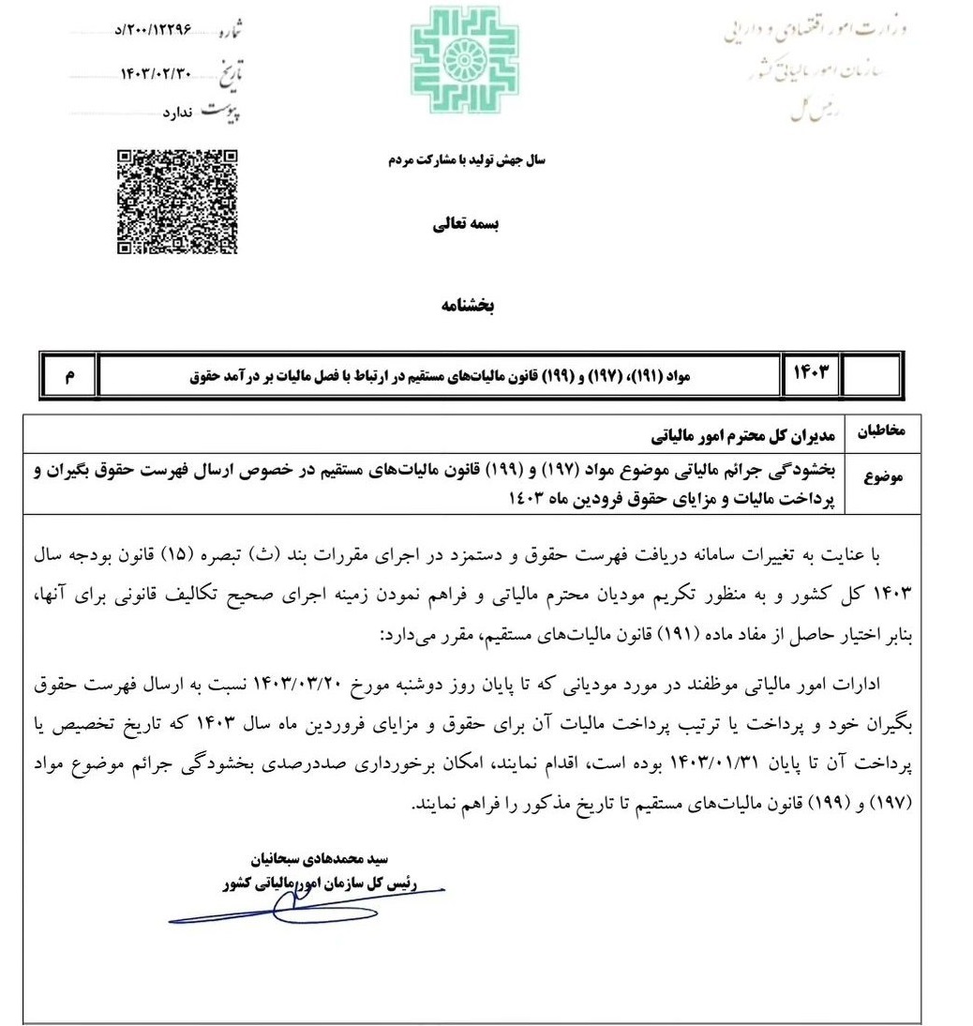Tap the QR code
click(178, 202)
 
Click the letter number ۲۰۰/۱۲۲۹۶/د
click(151, 30)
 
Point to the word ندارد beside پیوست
click(176, 113)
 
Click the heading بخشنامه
click(467, 307)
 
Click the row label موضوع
click(885, 477)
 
